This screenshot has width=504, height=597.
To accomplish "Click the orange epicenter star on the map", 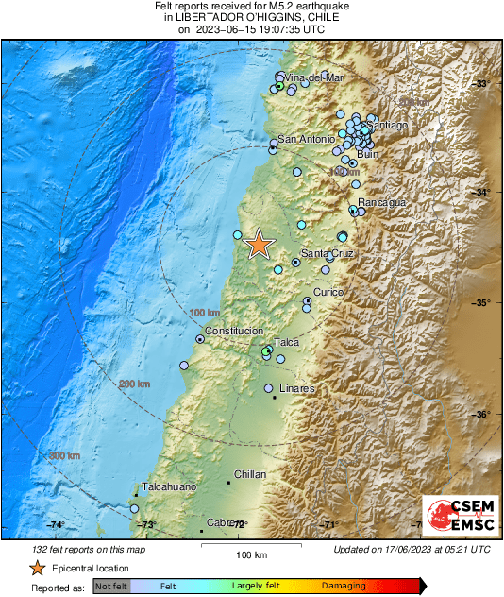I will pos(259,244).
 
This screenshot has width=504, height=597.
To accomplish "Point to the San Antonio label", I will pos(300,140).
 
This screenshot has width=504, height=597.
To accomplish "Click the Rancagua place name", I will pos(382,202).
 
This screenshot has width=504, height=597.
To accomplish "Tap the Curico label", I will pos(328,292).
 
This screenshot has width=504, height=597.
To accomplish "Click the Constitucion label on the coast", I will pos(234,332).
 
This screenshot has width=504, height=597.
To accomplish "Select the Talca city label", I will pos(287,342).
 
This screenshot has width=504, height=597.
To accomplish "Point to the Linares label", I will pos(297,388).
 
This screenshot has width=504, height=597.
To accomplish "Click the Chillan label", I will pos(250,474).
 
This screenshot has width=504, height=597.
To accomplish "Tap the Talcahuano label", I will pos(169,486).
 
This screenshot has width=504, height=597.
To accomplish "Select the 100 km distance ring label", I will pos(204,313).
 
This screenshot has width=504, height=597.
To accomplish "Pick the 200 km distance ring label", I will pos(134,384).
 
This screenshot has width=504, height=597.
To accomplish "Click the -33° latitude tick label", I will pos(487,83).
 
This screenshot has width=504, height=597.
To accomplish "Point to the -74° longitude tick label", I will pos(55,525).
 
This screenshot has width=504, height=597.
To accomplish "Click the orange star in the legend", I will pos(37,568).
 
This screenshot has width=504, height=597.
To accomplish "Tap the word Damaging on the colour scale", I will pos(344,587).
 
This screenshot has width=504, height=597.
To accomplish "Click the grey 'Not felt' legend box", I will pos(110,587).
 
